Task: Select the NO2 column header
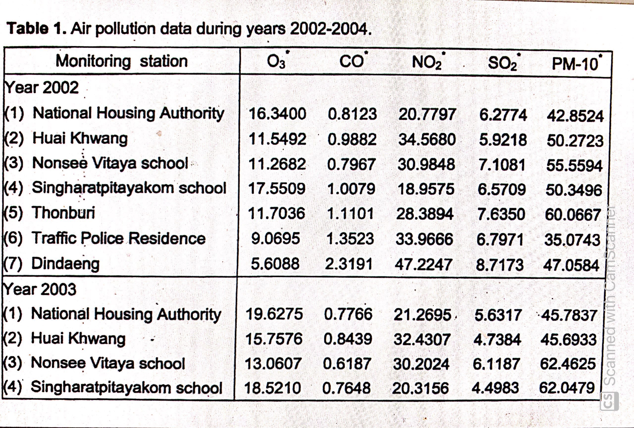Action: coord(427,62)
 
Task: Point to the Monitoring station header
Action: coord(122,61)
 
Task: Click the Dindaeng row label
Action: coord(65,264)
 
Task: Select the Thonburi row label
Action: coord(63,213)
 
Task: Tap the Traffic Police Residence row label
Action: coord(118,238)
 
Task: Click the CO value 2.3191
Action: coord(349,264)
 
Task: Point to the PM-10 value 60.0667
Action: coord(573,215)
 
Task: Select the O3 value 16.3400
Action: coord(277,114)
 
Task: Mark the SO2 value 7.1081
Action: coord(502,165)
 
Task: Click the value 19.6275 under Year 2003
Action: coord(274,314)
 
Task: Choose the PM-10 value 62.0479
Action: coord(567,388)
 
